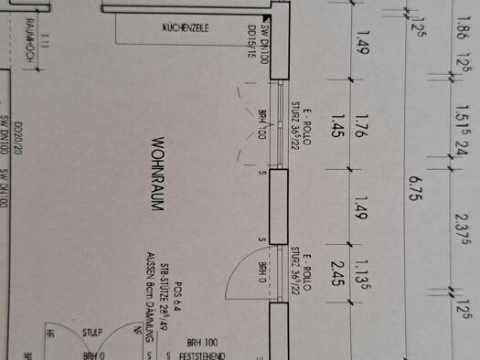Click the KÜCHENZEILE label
(186, 28)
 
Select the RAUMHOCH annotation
(30, 37)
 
